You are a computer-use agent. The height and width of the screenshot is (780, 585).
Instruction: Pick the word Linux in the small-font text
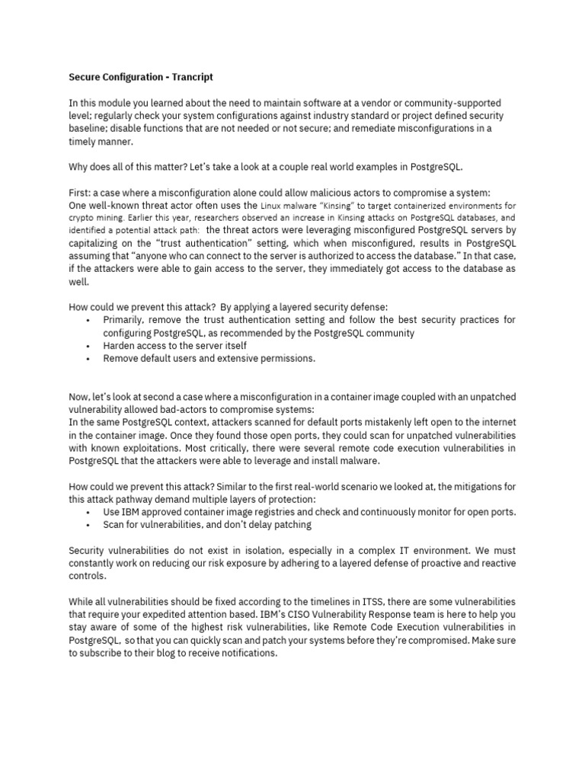click(273, 206)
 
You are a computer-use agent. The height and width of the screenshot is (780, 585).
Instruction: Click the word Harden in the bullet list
click(122, 346)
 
